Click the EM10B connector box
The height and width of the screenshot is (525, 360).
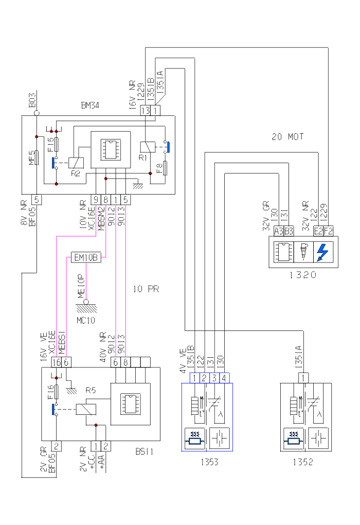86,257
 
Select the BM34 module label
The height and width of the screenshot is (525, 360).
90,105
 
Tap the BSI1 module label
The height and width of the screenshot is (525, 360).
145,451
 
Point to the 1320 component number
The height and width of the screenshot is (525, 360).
302,274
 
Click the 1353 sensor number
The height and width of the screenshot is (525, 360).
209,462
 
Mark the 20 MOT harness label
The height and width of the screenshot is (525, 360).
288,137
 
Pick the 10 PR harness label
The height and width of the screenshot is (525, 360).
146,289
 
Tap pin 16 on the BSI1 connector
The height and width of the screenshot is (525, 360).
57,362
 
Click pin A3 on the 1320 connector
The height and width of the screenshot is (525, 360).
279,232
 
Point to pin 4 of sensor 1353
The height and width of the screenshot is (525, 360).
224,378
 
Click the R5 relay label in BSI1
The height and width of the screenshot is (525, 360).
91,391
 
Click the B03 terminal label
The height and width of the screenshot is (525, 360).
32,100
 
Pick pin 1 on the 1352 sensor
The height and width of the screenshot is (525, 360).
303,378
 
